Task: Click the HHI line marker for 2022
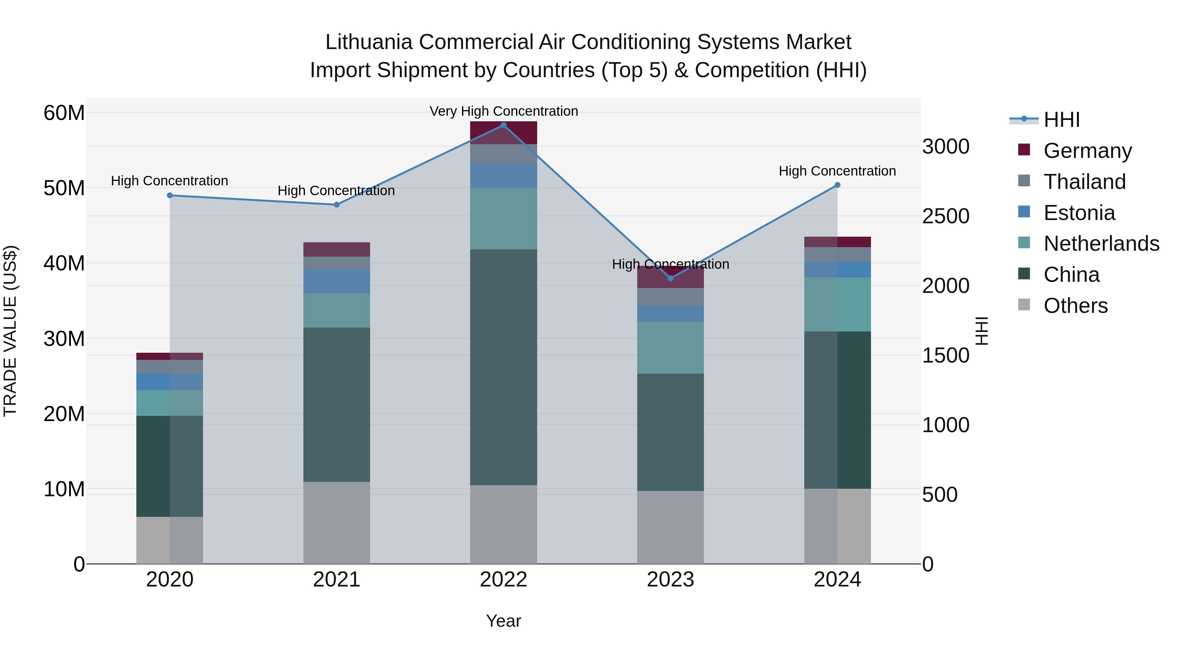(x=503, y=125)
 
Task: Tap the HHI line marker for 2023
(x=670, y=278)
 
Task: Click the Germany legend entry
(x=1087, y=151)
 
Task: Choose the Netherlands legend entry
(x=1101, y=244)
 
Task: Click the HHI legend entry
(x=1061, y=120)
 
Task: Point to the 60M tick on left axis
(x=64, y=113)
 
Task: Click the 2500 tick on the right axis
(x=945, y=216)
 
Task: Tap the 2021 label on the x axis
(x=337, y=580)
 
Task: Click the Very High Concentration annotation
(x=503, y=111)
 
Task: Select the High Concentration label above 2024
(x=837, y=171)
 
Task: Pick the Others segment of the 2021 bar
(x=337, y=523)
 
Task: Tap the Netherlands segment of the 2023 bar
(x=670, y=348)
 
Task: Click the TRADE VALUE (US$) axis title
(x=10, y=331)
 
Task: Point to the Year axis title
(x=503, y=621)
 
